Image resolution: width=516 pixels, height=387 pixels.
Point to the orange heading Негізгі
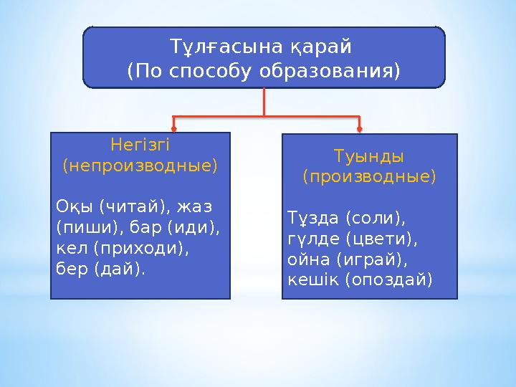click(x=140, y=145)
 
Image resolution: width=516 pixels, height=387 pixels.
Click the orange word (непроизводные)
click(x=140, y=166)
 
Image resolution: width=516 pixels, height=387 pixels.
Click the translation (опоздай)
click(x=388, y=279)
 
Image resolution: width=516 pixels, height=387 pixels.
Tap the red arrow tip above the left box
click(x=174, y=130)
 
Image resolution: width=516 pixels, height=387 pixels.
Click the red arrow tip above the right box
click(x=359, y=130)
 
